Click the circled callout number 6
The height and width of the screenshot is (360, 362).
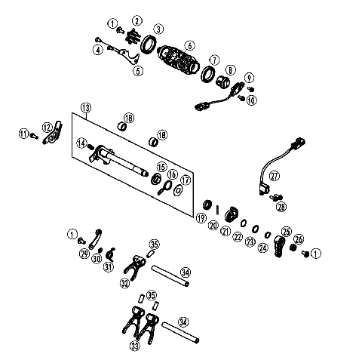(x=189, y=45)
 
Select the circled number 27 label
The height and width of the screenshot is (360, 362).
(x=275, y=176)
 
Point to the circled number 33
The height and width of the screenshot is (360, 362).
(x=135, y=346)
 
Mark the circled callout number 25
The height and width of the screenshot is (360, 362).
(x=286, y=232)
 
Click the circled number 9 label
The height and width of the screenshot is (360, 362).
(x=248, y=76)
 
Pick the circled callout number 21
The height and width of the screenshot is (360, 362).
(x=225, y=231)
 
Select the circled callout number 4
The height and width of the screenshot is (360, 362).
(x=98, y=50)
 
